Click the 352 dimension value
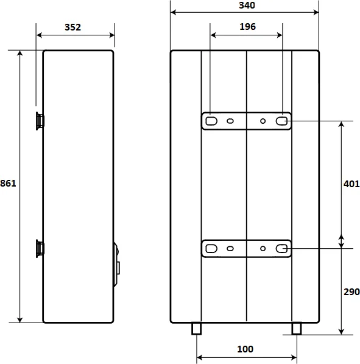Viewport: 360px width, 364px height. click(72, 27)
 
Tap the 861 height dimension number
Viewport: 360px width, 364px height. click(8, 184)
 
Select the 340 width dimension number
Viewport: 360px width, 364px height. click(247, 5)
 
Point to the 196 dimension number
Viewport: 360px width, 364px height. click(247, 27)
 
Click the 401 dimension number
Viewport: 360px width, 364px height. click(351, 184)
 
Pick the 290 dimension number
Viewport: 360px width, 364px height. click(351, 292)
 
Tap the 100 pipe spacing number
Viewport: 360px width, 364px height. click(245, 349)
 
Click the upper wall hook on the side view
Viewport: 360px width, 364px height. click(40, 121)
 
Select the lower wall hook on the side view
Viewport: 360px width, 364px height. click(40, 249)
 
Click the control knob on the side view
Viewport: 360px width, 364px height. click(117, 265)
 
